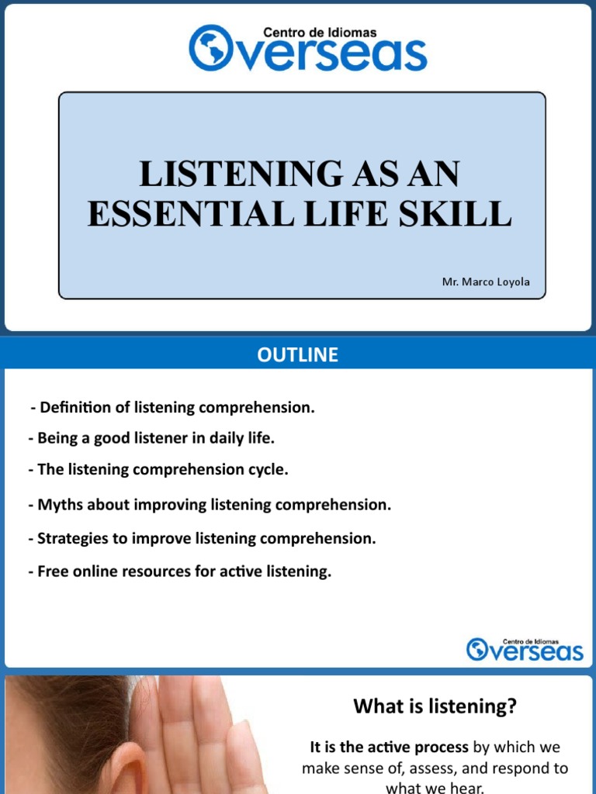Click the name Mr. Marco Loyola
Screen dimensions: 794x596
(486, 282)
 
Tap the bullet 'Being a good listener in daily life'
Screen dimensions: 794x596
(151, 438)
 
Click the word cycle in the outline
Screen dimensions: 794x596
(267, 469)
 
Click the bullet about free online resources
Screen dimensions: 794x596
(179, 572)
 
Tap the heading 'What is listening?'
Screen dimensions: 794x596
(435, 706)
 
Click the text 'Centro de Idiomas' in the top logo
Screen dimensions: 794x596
(321, 33)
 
